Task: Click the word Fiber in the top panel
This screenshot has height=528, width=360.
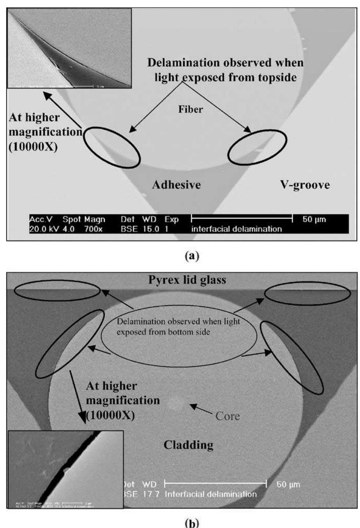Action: [190, 109]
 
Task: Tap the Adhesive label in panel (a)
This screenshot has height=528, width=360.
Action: [176, 185]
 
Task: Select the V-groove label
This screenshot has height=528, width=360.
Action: [305, 185]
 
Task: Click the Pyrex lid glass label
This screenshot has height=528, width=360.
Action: [187, 280]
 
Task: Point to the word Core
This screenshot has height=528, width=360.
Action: [227, 416]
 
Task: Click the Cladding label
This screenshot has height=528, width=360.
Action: [188, 445]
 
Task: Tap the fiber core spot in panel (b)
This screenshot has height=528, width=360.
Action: [175, 404]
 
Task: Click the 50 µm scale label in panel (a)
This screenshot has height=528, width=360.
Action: [314, 219]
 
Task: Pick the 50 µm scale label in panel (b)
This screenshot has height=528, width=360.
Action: [288, 484]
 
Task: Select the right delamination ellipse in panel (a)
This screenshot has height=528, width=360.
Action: [257, 147]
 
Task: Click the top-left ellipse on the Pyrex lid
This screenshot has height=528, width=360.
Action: [57, 291]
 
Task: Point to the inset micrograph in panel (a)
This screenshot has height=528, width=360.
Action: [69, 48]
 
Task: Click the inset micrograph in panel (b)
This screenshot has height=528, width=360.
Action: [66, 469]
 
